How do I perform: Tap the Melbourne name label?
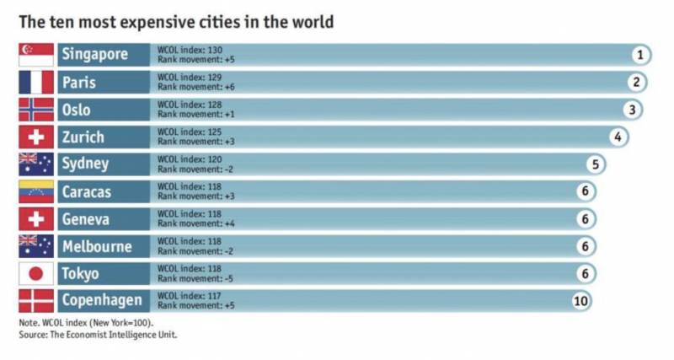point(97,247)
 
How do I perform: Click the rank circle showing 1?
point(640,56)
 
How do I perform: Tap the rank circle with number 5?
point(595,164)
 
